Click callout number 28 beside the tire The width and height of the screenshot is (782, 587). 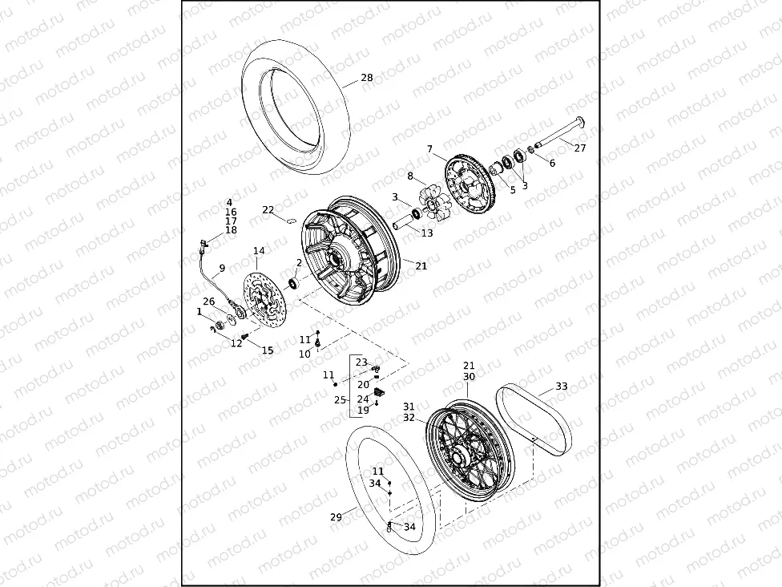click(x=366, y=78)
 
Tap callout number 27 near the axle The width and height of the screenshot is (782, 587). click(x=580, y=148)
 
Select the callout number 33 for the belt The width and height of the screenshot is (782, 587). click(x=562, y=387)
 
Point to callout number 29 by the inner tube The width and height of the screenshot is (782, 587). click(x=336, y=517)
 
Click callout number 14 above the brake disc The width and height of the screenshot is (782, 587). click(x=258, y=252)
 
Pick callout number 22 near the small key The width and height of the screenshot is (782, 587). click(x=268, y=210)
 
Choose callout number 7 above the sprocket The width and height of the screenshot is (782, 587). click(x=429, y=149)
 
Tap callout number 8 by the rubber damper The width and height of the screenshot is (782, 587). click(x=410, y=176)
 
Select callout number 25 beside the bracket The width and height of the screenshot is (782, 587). click(x=340, y=399)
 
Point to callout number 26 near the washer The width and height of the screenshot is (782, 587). click(x=208, y=302)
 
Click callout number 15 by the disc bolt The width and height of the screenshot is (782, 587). click(x=268, y=350)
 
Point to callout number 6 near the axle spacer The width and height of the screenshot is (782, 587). click(x=552, y=163)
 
